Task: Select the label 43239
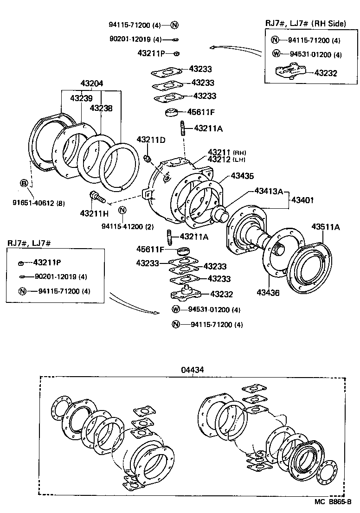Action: [x=81, y=98]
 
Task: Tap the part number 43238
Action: [x=101, y=108]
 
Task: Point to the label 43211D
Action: [x=151, y=140]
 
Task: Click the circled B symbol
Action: [x=24, y=183]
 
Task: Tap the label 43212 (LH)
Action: [x=226, y=160]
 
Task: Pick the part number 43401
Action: [x=302, y=200]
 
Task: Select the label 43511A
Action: [x=326, y=227]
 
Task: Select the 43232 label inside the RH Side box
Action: [x=326, y=73]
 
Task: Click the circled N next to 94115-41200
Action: [x=122, y=210]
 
